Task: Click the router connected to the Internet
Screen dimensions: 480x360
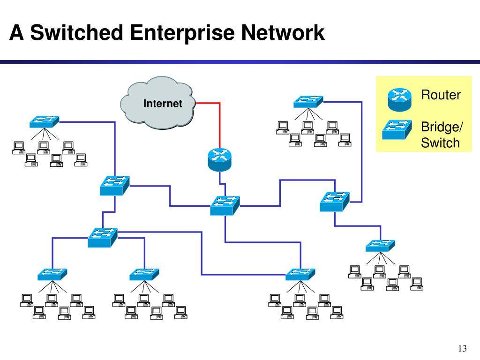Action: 219,159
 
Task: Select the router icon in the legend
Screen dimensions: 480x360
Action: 399,100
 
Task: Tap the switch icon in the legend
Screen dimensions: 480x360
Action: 397,130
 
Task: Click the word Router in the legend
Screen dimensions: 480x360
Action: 441,95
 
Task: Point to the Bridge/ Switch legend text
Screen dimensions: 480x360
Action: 442,135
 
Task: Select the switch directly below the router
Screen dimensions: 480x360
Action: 225,205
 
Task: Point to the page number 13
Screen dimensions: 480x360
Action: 462,348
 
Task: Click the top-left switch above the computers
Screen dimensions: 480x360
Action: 45,121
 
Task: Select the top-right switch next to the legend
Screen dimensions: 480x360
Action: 308,102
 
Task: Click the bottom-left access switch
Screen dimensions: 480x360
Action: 52,274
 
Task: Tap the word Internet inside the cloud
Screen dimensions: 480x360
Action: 163,104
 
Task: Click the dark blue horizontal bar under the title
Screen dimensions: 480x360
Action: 240,62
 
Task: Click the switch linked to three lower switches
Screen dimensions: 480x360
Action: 103,238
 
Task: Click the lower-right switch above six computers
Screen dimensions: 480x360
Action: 381,246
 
